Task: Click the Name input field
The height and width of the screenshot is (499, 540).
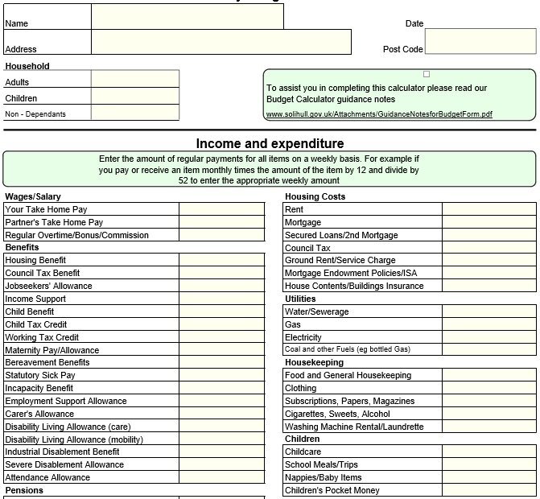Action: point(187,17)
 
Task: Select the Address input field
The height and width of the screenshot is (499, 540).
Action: point(221,42)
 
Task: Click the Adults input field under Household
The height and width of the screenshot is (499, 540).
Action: point(134,79)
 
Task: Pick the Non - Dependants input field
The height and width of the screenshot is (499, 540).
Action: point(134,113)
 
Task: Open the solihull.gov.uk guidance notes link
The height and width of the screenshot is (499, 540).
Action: point(378,114)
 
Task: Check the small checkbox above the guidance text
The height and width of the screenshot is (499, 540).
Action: point(427,74)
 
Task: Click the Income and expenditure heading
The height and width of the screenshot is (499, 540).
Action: point(270,143)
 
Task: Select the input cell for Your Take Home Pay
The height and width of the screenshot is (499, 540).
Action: point(221,209)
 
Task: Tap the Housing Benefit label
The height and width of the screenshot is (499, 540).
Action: point(36,260)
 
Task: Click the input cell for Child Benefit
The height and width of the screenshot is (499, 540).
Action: point(221,311)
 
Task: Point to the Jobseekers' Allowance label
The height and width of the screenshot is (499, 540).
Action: point(49,286)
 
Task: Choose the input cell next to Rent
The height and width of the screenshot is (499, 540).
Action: point(489,209)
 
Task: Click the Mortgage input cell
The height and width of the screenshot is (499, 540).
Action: point(489,222)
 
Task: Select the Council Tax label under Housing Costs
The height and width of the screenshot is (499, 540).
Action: point(307,248)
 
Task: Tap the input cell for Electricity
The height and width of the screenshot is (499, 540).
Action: point(489,337)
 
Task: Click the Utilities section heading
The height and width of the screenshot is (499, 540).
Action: point(300,299)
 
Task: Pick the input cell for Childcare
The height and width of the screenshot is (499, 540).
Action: point(489,452)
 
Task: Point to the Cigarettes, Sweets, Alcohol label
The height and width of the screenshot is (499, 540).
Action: point(338,414)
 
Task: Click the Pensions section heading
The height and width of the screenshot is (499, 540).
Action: point(24,490)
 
